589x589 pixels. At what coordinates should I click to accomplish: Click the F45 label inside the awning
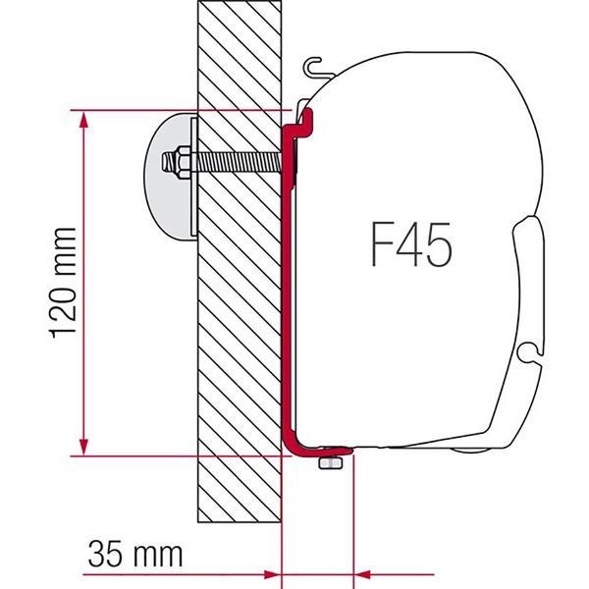tap(411, 244)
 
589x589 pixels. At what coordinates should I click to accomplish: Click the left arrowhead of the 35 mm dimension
tap(272, 571)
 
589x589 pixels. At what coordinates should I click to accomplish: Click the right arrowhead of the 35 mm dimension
tap(362, 571)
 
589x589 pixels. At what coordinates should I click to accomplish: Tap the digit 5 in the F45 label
tap(437, 244)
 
